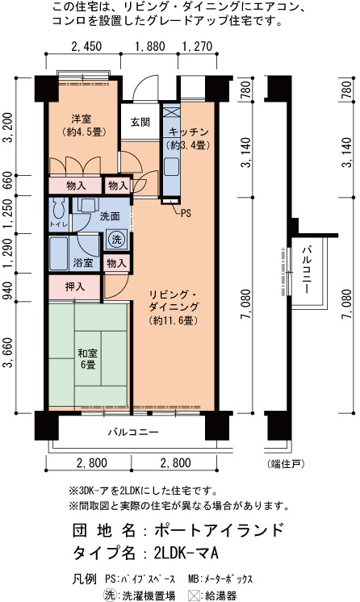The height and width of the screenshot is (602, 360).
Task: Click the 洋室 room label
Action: [x=81, y=119]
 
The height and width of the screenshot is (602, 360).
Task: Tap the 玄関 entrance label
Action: [x=140, y=123]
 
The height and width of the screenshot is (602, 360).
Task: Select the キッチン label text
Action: [x=188, y=132]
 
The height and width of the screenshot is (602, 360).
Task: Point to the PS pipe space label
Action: [x=186, y=214]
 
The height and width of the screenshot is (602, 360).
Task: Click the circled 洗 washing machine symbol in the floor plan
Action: [x=116, y=240]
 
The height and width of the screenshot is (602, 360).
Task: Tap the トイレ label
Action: [x=58, y=224]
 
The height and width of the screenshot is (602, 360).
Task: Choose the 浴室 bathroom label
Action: [x=83, y=263]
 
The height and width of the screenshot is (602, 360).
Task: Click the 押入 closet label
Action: [x=75, y=286]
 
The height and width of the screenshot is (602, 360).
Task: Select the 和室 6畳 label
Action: [x=88, y=358]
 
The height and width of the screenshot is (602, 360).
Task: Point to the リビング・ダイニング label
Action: [x=174, y=301]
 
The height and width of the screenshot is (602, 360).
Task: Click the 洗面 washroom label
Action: [x=110, y=216]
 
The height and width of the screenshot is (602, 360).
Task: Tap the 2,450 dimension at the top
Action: [x=87, y=47]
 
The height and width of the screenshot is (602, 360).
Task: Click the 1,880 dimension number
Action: [x=150, y=47]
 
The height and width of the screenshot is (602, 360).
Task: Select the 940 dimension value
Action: [x=9, y=288]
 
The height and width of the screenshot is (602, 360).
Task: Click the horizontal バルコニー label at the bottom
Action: [x=133, y=433]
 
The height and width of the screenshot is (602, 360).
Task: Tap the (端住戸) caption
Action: [x=287, y=464]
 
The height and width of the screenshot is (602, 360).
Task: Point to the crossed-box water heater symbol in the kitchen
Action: [x=170, y=112]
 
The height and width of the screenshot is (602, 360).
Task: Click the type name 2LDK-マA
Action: [x=186, y=554]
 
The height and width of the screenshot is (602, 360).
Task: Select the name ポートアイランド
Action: [x=219, y=530]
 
